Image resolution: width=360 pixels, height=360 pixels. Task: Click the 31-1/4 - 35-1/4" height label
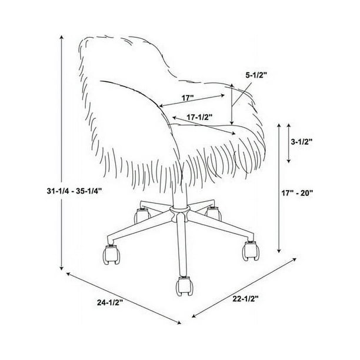click(x=74, y=191)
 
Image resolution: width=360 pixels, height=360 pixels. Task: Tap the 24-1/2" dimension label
click(x=111, y=302)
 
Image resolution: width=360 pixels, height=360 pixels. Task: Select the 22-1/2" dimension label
click(x=246, y=298)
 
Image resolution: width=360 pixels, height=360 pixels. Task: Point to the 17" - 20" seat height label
click(x=297, y=193)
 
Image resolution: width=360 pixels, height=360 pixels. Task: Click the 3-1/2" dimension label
click(x=302, y=142)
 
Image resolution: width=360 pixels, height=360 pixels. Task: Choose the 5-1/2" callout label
click(x=256, y=75)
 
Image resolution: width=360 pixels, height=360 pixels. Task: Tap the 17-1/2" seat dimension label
click(x=199, y=117)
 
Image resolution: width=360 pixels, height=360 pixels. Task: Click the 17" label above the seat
click(x=188, y=98)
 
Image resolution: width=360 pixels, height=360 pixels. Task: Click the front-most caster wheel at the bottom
click(x=183, y=286)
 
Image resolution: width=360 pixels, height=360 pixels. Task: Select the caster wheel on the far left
click(x=111, y=254)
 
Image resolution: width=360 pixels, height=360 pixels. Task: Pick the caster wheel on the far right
click(x=251, y=251)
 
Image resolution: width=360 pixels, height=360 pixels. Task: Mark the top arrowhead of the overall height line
click(x=61, y=37)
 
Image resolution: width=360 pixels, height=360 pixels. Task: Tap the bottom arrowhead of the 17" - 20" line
click(x=279, y=251)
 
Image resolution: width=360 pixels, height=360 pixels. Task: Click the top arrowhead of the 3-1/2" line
click(x=289, y=125)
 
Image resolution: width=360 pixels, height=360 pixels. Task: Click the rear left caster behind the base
click(x=142, y=215)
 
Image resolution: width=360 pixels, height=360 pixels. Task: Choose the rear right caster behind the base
click(x=214, y=213)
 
